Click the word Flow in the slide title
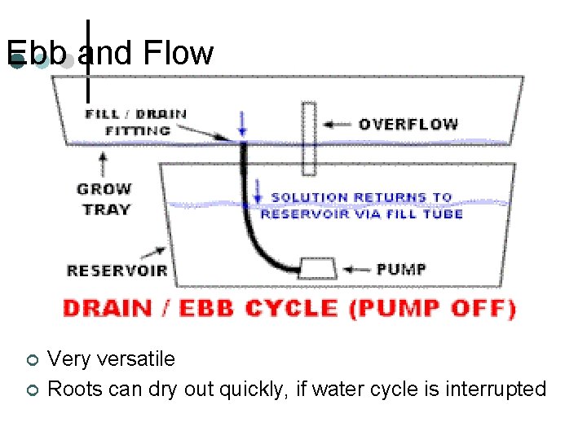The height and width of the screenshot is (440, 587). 177,54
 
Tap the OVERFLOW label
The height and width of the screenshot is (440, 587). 408,125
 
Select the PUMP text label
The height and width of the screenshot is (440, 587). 400,269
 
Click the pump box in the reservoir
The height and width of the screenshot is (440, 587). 317,268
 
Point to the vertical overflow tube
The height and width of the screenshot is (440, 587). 309,139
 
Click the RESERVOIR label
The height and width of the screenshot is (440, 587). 117,271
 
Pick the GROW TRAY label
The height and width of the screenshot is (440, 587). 104,200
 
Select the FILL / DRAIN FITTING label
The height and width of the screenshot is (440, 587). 135,122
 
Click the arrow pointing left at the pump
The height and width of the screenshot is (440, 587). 356,269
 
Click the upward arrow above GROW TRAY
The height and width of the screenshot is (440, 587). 103,165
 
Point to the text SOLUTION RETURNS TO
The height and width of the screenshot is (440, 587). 360,197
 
